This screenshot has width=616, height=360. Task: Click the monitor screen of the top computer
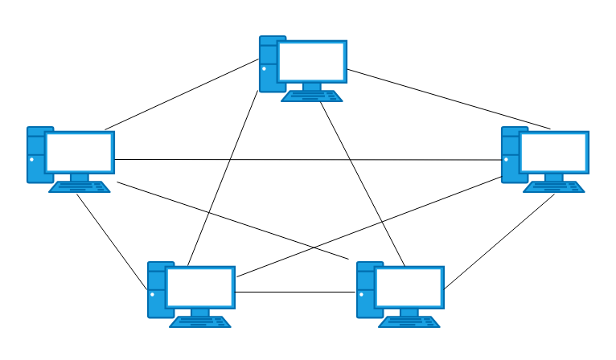pyautogui.click(x=311, y=61)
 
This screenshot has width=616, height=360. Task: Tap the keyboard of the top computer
pyautogui.click(x=312, y=96)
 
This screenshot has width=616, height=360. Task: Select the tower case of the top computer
pyautogui.click(x=268, y=63)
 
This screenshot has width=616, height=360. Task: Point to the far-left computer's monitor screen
pyautogui.click(x=79, y=152)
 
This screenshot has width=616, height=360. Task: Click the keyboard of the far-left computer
pyautogui.click(x=80, y=187)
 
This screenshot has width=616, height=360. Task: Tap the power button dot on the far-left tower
pyautogui.click(x=31, y=159)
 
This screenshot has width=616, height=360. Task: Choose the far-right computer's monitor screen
pyautogui.click(x=553, y=152)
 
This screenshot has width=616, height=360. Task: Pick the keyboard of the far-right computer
pyautogui.click(x=554, y=187)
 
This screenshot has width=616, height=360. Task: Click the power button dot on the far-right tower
pyautogui.click(x=506, y=159)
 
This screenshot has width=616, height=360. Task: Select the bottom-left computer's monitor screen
pyautogui.click(x=199, y=287)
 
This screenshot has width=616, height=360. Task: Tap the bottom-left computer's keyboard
pyautogui.click(x=200, y=322)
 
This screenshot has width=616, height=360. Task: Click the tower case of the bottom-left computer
pyautogui.click(x=156, y=289)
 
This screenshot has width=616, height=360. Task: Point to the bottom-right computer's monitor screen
pyautogui.click(x=409, y=287)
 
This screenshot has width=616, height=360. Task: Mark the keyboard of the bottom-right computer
pyautogui.click(x=409, y=322)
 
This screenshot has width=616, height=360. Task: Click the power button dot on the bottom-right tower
pyautogui.click(x=361, y=294)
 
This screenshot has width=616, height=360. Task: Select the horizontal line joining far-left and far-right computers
pyautogui.click(x=306, y=160)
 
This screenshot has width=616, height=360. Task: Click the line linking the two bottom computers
pyautogui.click(x=296, y=292)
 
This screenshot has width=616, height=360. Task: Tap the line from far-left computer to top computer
pyautogui.click(x=181, y=95)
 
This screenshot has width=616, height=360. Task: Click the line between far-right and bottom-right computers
pyautogui.click(x=499, y=240)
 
